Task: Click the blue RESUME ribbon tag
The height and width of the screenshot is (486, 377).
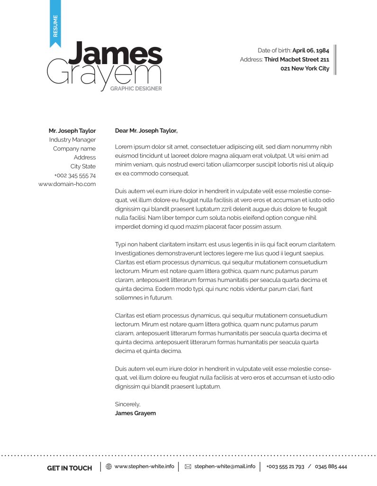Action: [x=55, y=24]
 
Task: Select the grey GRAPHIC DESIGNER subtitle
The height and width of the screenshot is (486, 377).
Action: [x=136, y=88]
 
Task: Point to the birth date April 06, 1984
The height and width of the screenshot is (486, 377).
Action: [x=311, y=50]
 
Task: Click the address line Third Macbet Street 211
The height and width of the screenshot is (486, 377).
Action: [x=296, y=59]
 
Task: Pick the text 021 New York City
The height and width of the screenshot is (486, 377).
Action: [x=305, y=68]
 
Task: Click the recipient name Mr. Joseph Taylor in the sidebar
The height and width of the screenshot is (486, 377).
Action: [x=72, y=131]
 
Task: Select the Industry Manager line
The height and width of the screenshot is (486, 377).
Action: [x=72, y=140]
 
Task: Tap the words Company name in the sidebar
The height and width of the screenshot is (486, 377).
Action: [x=74, y=149]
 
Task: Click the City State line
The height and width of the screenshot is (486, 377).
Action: [x=83, y=167]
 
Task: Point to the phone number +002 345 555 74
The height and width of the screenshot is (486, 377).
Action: [x=75, y=176]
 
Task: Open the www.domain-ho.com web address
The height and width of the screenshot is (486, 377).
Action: [x=67, y=184]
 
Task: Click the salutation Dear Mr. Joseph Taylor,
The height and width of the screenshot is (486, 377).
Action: [x=146, y=131]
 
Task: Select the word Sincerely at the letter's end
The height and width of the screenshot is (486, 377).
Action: [x=127, y=404]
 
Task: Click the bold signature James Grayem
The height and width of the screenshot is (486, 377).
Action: [x=135, y=413]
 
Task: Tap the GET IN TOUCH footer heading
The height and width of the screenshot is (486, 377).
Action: [x=70, y=468]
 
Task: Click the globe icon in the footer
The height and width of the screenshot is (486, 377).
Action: [x=109, y=467]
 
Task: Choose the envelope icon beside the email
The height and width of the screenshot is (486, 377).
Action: [x=188, y=467]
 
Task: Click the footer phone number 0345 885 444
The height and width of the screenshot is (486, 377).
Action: [x=331, y=467]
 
